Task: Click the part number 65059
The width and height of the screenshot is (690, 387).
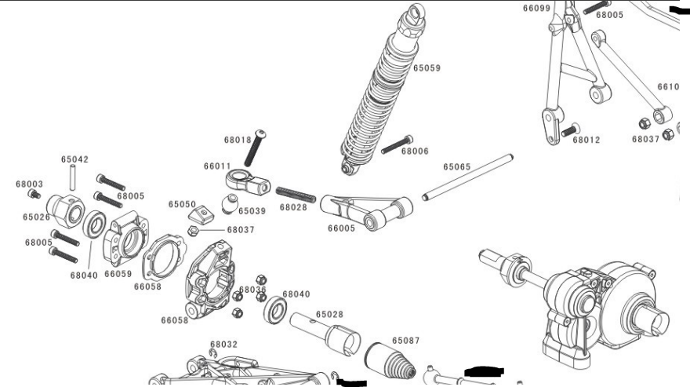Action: (427, 68)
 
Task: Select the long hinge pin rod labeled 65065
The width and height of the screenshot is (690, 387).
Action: (467, 177)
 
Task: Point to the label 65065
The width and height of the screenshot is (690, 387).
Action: (456, 166)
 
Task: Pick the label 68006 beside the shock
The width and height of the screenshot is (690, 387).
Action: (415, 152)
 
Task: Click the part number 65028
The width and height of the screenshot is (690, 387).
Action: (329, 314)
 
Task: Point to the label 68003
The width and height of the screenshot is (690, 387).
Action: (29, 184)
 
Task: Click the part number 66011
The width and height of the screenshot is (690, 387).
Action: (216, 166)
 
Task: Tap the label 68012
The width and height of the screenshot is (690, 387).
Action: (586, 141)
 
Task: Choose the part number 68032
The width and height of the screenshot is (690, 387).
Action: (223, 345)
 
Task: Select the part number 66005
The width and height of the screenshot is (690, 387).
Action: (342, 228)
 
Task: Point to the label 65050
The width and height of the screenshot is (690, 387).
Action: (182, 204)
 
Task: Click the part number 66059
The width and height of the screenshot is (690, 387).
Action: (118, 274)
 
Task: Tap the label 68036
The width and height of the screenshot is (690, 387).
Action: (252, 290)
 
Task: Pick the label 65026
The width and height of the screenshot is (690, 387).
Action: (37, 217)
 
